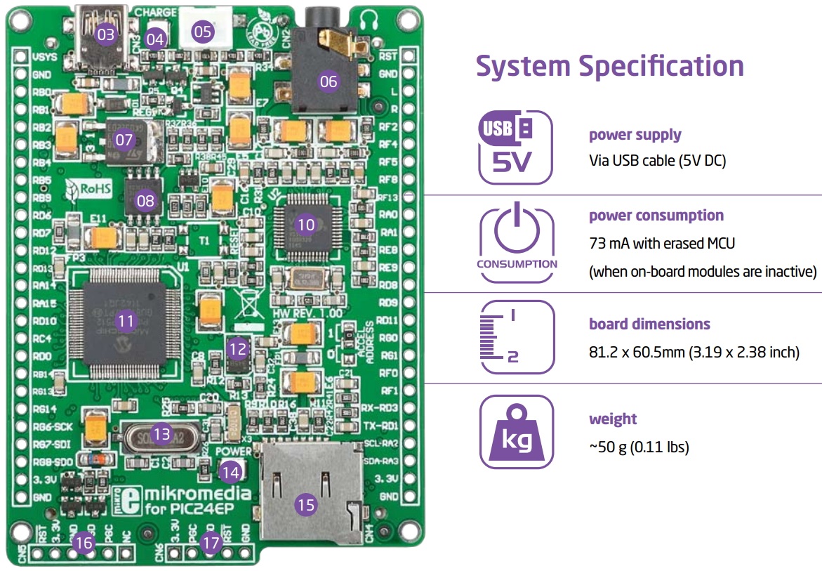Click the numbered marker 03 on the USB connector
105,34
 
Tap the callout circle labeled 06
329,81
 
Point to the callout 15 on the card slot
305,504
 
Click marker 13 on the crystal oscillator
162,435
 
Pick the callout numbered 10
306,225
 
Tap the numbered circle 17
210,543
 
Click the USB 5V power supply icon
515,147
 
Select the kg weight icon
516,431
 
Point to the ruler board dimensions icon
516,337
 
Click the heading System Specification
609,66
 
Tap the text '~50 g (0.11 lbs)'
639,447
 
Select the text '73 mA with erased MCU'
662,244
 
